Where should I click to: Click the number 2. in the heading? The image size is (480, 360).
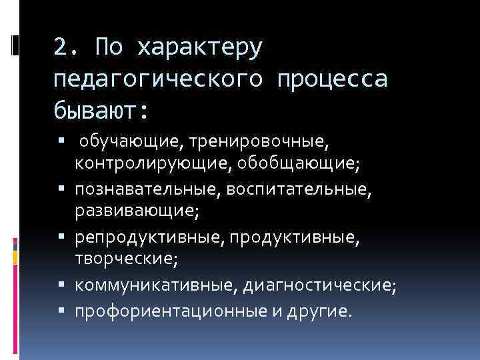click(67, 47)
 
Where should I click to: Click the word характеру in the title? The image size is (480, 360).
click(201, 47)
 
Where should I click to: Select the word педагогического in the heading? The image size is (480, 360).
click(156, 79)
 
